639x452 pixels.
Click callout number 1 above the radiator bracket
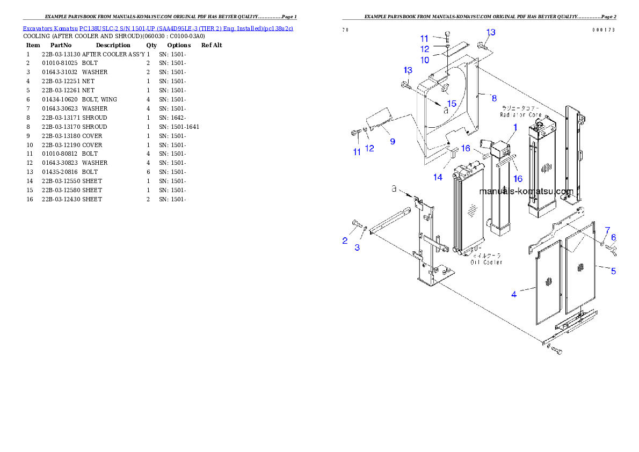[514, 128]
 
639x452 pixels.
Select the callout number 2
[345, 241]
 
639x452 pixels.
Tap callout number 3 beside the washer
[357, 247]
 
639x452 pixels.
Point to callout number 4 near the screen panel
[514, 294]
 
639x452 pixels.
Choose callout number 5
[613, 271]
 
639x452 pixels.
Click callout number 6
[613, 238]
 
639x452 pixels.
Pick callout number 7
[607, 230]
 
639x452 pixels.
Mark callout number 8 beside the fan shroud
[493, 98]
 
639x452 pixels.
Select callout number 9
[393, 141]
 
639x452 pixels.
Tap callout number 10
[425, 60]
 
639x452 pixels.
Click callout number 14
[438, 177]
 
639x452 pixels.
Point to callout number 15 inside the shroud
[452, 103]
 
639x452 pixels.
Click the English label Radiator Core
[519, 114]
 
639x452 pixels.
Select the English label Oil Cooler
[486, 262]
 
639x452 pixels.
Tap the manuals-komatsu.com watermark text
[526, 192]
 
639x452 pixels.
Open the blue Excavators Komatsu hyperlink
[158, 28]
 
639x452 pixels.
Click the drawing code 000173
[604, 30]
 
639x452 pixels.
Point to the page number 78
[345, 30]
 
